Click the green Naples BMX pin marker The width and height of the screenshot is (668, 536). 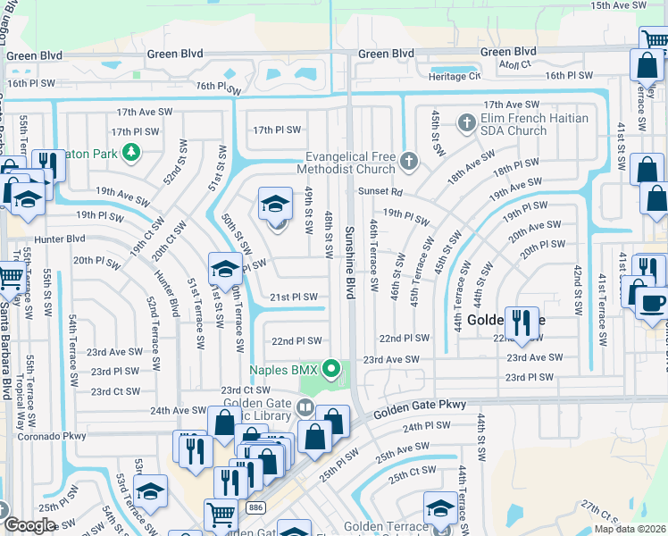click(332, 367)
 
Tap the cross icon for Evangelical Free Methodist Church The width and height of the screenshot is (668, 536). click(409, 161)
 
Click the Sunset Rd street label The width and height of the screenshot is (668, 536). click(381, 191)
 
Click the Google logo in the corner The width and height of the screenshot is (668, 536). click(29, 525)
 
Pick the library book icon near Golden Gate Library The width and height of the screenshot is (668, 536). click(305, 408)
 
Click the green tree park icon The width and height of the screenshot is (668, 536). click(131, 154)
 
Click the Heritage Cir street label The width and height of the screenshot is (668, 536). click(455, 77)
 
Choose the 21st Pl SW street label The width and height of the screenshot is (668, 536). click(295, 297)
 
